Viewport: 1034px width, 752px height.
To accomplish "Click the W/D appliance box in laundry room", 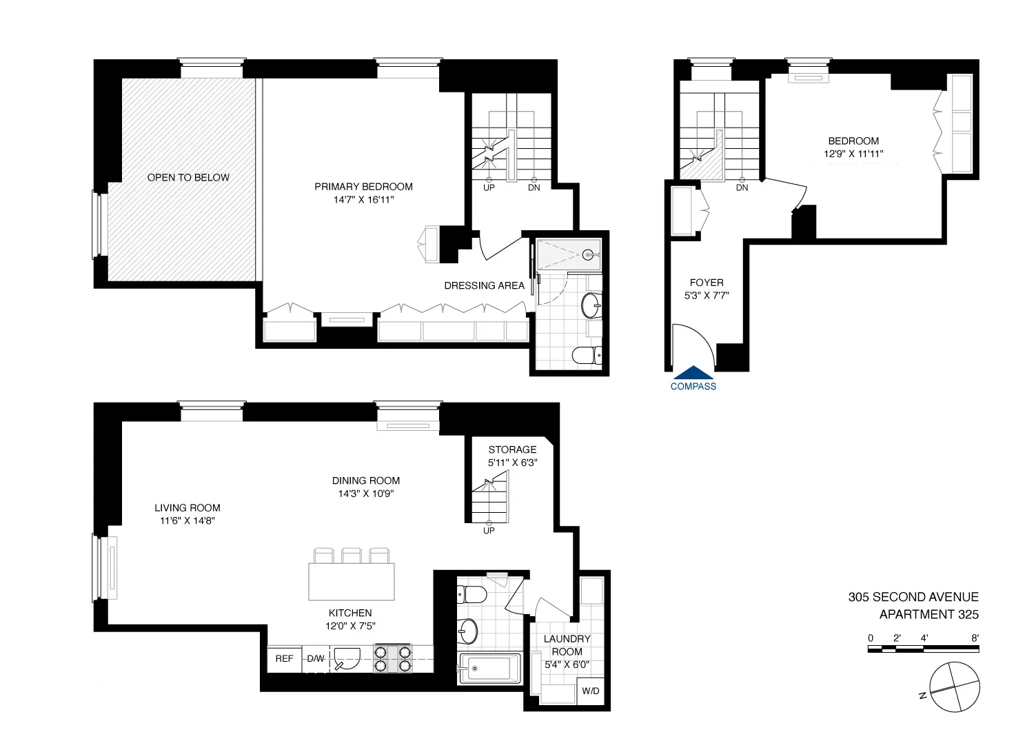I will tap(591, 691).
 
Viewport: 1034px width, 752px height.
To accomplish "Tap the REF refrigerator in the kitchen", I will tap(284, 658).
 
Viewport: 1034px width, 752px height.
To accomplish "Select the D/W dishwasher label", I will tap(316, 658).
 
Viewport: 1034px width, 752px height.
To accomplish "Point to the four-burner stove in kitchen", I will tap(393, 658).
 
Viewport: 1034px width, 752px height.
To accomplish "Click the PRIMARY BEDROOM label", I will tap(363, 186).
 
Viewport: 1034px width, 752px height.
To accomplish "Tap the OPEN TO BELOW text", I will tap(188, 177).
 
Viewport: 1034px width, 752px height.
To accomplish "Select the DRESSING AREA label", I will tap(484, 285).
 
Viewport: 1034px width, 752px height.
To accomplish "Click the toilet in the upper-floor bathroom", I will tap(587, 355).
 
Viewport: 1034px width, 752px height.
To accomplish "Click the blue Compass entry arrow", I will tap(693, 373).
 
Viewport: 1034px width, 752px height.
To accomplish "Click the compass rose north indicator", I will tap(922, 696).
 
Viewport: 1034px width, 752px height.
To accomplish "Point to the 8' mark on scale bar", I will tap(975, 638).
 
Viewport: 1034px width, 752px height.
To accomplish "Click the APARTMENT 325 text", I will tap(929, 615).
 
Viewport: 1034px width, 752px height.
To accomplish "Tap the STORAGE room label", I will tap(512, 449).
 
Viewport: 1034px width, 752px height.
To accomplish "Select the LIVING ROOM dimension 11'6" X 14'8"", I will tap(187, 521).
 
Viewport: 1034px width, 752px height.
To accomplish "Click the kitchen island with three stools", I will tap(352, 581).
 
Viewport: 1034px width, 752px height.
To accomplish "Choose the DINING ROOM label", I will tap(365, 480).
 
